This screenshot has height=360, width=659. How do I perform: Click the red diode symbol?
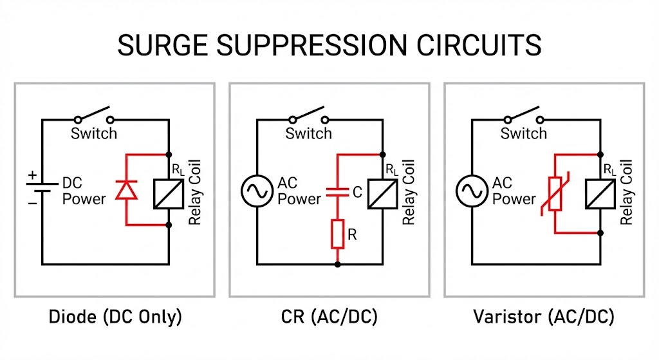pyautogui.click(x=125, y=190)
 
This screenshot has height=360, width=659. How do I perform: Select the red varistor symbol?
pyautogui.click(x=554, y=191)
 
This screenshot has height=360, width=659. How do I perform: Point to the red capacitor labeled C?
pyautogui.click(x=337, y=191)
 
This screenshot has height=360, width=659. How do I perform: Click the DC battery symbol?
pyautogui.click(x=42, y=190)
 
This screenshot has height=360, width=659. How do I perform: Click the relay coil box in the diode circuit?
pyautogui.click(x=169, y=192)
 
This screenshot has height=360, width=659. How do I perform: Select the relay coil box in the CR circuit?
pyautogui.click(x=383, y=192)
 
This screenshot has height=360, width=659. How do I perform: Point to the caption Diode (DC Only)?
pyautogui.click(x=115, y=317)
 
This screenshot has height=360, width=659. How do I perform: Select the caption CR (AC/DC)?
pyautogui.click(x=329, y=317)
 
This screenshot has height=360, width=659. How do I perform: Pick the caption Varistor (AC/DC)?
pyautogui.click(x=544, y=317)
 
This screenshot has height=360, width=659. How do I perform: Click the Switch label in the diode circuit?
pyautogui.click(x=94, y=134)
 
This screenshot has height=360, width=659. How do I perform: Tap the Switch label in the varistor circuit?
pyautogui.click(x=523, y=134)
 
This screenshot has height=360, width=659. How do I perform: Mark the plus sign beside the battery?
pyautogui.click(x=30, y=175)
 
